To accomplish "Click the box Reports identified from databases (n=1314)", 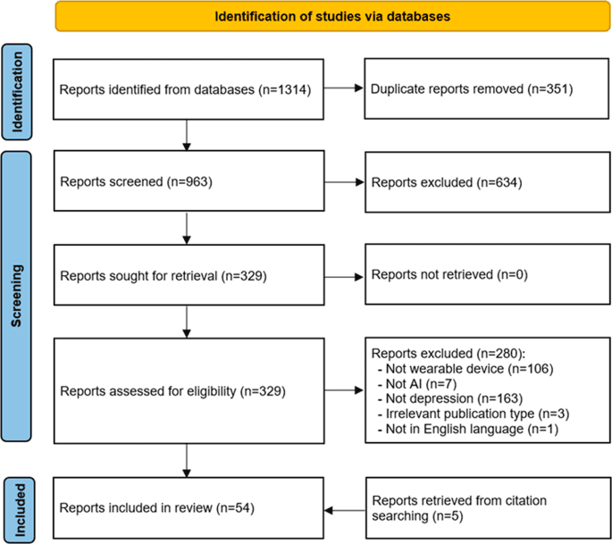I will [186, 90].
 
